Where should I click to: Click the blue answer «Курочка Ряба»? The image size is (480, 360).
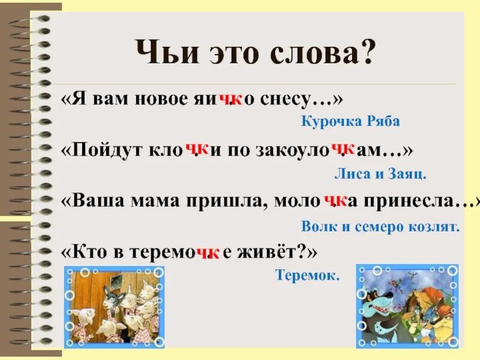tap(350, 122)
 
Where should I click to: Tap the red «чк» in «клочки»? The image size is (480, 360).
tap(197, 149)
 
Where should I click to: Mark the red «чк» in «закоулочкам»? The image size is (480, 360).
tap(343, 149)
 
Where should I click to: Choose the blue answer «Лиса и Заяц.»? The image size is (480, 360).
tap(380, 174)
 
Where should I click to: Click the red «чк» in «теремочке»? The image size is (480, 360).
tap(209, 254)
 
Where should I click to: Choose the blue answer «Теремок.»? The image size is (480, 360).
tap(307, 275)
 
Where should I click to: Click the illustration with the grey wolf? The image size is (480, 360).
tap(406, 306)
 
